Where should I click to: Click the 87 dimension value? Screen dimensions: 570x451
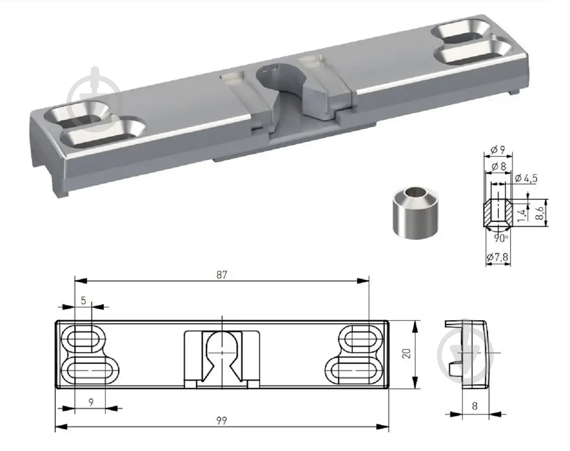tap(222, 275)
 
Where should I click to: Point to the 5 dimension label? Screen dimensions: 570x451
tap(83, 301)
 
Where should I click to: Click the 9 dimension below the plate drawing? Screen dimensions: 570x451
tap(91, 403)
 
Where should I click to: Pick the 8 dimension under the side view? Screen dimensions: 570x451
tap(475, 406)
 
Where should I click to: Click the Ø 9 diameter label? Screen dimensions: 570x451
tap(498, 150)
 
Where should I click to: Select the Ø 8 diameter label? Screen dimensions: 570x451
tap(499, 166)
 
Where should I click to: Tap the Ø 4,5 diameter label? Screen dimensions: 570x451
tap(526, 178)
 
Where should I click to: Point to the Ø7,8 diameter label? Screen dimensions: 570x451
tap(498, 257)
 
